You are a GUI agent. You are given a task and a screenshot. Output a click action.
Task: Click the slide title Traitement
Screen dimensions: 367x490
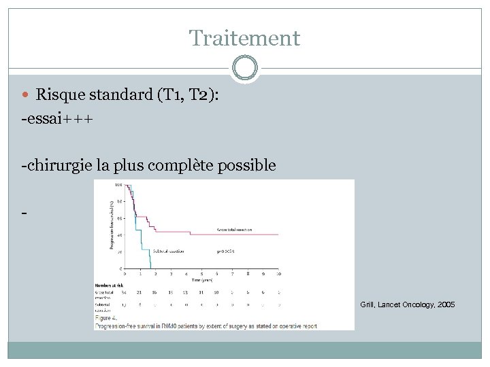pos(244,38)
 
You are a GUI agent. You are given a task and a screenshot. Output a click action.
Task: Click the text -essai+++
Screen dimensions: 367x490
pos(57,118)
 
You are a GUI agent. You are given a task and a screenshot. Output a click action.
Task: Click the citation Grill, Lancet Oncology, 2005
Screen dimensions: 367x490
pos(407,305)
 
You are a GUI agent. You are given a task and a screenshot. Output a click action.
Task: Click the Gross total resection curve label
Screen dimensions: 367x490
pos(235,230)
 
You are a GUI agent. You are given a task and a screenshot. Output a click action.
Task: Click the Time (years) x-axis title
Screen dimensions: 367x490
pos(202,279)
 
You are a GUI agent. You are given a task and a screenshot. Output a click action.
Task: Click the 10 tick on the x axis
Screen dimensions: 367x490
pos(278,273)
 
